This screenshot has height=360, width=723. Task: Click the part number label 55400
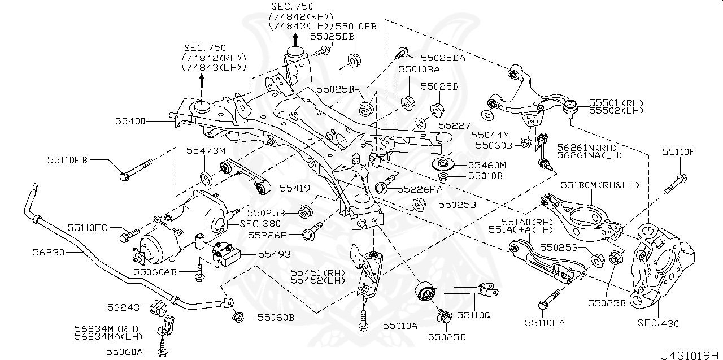[130, 121]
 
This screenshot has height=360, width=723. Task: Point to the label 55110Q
[474, 314]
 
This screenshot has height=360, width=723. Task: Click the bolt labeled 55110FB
[137, 170]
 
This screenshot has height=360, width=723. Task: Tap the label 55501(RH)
[616, 103]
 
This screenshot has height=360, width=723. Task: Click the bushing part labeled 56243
[157, 307]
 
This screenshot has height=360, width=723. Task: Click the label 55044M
[490, 135]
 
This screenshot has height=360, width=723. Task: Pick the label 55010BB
[356, 26]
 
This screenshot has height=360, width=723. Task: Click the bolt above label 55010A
[363, 317]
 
